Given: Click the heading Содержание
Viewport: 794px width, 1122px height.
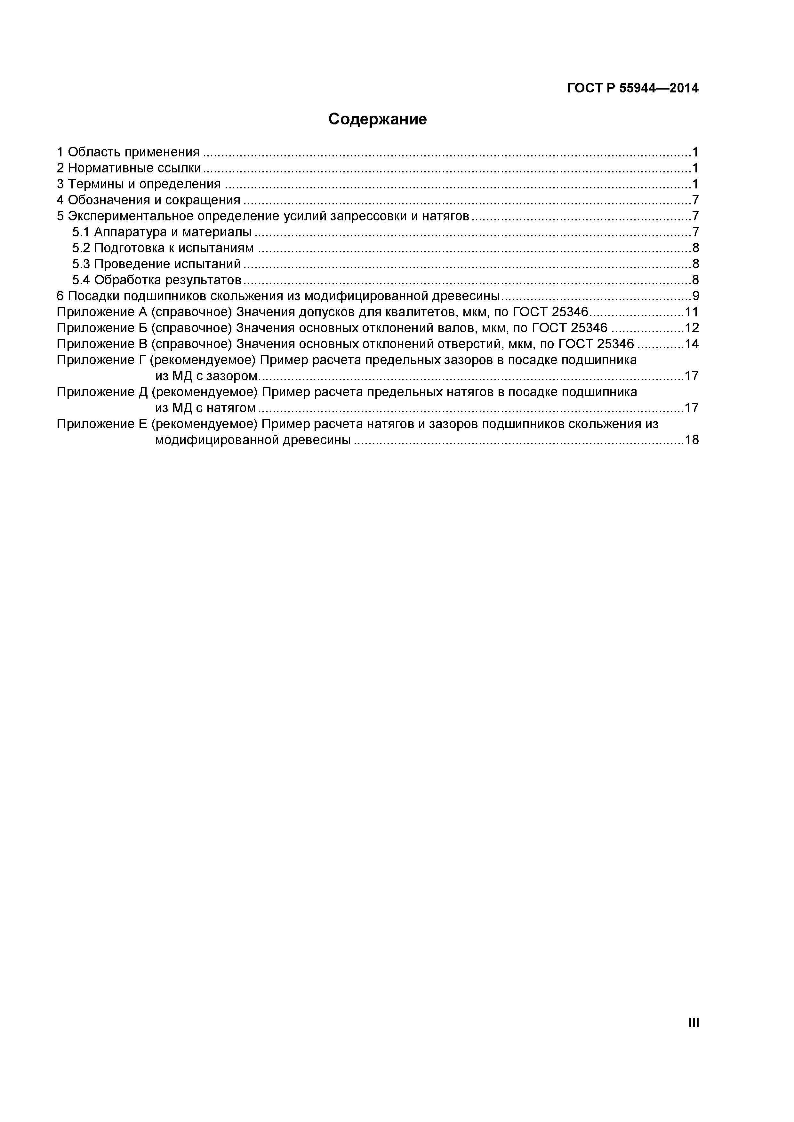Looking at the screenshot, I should [x=377, y=119].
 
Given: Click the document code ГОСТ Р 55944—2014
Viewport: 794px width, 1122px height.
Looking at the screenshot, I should [x=633, y=89].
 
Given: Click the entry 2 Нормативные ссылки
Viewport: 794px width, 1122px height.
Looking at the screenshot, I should [x=129, y=168].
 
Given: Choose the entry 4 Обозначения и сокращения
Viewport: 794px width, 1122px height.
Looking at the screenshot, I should [x=148, y=200].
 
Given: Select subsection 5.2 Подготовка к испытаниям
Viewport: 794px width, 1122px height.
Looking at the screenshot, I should [x=163, y=248].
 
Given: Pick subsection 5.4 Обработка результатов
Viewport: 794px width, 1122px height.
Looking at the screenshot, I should [x=156, y=280].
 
